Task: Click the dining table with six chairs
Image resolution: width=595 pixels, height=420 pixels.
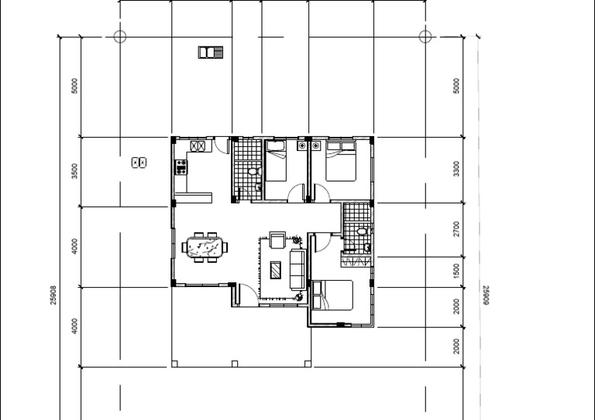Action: click(206, 248)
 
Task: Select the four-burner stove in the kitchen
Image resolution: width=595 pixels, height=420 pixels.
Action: click(181, 166)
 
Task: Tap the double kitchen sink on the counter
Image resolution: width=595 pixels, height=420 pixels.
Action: click(197, 145)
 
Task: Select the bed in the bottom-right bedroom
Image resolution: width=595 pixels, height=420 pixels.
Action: click(333, 298)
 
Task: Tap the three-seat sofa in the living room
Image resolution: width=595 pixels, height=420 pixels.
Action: click(297, 267)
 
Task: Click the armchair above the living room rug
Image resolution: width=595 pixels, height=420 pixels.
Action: click(277, 240)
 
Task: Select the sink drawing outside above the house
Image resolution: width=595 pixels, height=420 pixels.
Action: click(210, 53)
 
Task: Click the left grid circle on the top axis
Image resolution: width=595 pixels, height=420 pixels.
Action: click(119, 36)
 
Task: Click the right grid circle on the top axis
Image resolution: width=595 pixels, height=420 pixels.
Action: click(425, 36)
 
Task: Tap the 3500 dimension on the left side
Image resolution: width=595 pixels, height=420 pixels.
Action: click(74, 171)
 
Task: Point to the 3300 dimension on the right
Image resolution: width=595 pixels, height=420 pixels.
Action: click(456, 169)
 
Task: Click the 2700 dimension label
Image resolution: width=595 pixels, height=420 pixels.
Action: click(456, 229)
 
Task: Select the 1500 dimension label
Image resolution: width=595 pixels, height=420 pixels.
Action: click(456, 271)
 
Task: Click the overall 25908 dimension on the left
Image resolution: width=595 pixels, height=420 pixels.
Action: click(53, 294)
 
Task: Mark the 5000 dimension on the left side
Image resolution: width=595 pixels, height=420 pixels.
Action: click(74, 85)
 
